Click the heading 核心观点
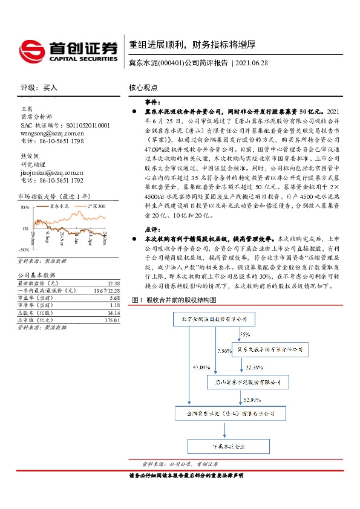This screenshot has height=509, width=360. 143,87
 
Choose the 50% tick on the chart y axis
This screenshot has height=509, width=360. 25,207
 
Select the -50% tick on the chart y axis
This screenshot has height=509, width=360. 24,248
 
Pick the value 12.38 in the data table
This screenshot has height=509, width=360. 112,282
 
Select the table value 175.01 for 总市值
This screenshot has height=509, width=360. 112,320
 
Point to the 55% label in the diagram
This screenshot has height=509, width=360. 244,334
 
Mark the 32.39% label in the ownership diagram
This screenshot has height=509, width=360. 255,367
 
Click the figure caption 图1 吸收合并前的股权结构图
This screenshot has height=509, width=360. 174,300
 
